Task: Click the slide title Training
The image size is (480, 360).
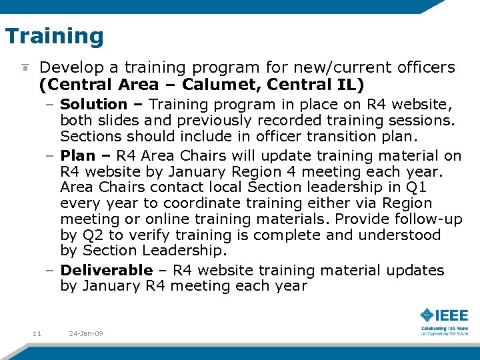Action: click(x=54, y=36)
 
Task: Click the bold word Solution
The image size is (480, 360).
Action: click(x=93, y=105)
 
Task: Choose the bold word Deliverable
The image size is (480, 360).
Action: click(x=107, y=271)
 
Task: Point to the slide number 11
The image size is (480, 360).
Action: click(x=37, y=333)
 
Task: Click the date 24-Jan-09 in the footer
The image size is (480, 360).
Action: click(x=86, y=333)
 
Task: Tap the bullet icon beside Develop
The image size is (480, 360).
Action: click(x=25, y=68)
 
